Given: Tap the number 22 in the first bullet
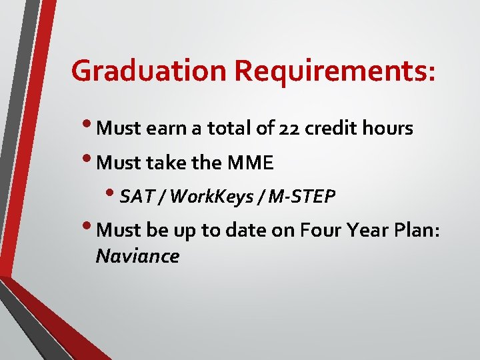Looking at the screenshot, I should point(290,128).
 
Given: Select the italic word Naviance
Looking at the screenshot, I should point(137,256).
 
